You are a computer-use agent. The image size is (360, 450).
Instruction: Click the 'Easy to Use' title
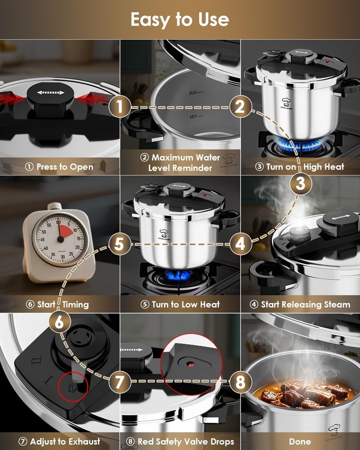pyautogui.click(x=180, y=20)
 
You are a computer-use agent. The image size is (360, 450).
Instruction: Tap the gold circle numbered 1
pyautogui.click(x=120, y=107)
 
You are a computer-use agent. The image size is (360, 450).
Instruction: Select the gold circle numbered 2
pyautogui.click(x=240, y=107)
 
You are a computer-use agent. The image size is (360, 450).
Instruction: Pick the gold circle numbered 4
pyautogui.click(x=240, y=244)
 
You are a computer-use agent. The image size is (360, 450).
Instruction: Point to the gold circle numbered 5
pyautogui.click(x=120, y=244)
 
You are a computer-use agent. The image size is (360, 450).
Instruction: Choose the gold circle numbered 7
pyautogui.click(x=120, y=381)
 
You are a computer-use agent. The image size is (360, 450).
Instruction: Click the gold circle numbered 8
pyautogui.click(x=240, y=381)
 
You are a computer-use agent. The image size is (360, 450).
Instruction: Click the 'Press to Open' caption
pyautogui.click(x=60, y=167)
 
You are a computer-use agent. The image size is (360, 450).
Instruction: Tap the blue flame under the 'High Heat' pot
pyautogui.click(x=300, y=145)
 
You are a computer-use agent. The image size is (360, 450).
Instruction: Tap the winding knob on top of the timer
pyautogui.click(x=55, y=206)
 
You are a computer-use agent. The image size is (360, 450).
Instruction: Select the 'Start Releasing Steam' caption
pyautogui.click(x=301, y=304)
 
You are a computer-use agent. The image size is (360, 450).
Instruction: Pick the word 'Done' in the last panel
pyautogui.click(x=300, y=442)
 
